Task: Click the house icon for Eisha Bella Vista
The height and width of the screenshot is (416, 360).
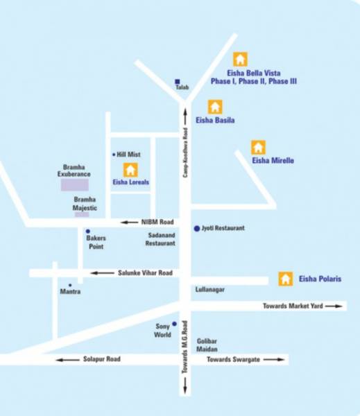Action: (241, 59)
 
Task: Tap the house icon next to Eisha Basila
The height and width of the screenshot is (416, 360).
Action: (215, 107)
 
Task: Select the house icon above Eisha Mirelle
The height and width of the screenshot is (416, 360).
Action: (258, 147)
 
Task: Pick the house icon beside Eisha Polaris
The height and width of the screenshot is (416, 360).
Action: (285, 279)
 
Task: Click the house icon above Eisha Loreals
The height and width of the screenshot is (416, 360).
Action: (130, 169)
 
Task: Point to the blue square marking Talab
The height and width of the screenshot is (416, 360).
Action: (178, 81)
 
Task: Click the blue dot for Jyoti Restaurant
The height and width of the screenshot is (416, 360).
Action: (196, 228)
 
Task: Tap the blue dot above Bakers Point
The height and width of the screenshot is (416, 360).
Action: (87, 231)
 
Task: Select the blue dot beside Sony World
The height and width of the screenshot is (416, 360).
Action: (174, 324)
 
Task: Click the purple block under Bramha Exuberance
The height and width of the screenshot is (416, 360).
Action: (74, 185)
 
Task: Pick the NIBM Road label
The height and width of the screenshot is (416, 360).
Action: (157, 222)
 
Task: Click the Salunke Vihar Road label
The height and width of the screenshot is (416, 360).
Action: (144, 273)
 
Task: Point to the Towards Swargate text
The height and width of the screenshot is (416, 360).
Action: (232, 359)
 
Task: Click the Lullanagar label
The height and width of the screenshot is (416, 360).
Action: (211, 289)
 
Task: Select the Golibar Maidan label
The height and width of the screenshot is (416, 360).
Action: (207, 345)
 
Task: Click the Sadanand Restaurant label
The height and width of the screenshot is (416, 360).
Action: (160, 239)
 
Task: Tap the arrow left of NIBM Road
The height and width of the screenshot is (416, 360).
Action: (129, 222)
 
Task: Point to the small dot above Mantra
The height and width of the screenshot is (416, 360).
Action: (69, 285)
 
